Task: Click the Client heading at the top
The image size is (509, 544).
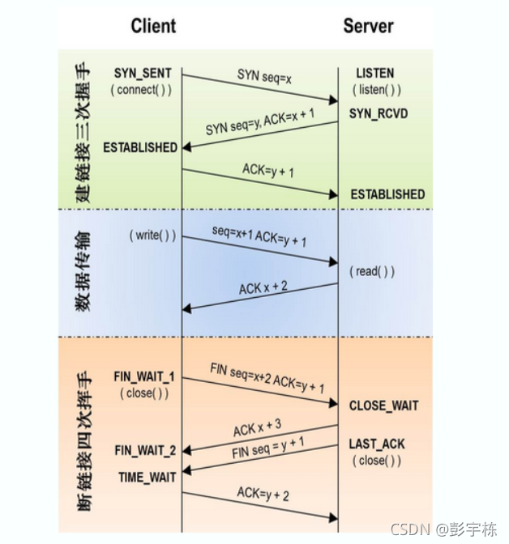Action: tap(154, 26)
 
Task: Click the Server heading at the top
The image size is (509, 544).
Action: tap(369, 26)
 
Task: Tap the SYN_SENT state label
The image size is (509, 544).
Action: tap(143, 74)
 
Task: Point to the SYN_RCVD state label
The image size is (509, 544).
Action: tap(379, 113)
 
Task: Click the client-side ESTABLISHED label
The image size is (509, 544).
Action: tap(140, 147)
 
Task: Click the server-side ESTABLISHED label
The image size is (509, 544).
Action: tap(387, 194)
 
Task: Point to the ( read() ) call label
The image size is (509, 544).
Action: tap(372, 271)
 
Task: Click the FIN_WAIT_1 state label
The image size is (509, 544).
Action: tap(144, 377)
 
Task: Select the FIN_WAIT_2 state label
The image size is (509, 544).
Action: tap(145, 450)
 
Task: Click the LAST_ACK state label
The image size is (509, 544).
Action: tap(377, 444)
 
